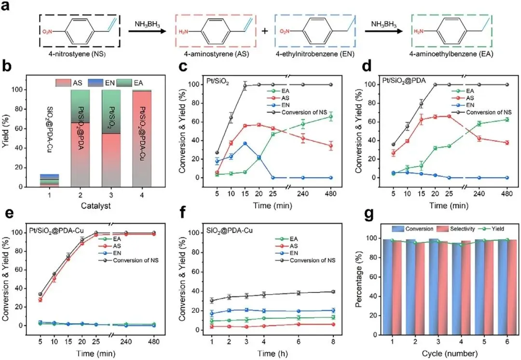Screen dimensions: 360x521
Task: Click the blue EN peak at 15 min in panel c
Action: click(x=245, y=143)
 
